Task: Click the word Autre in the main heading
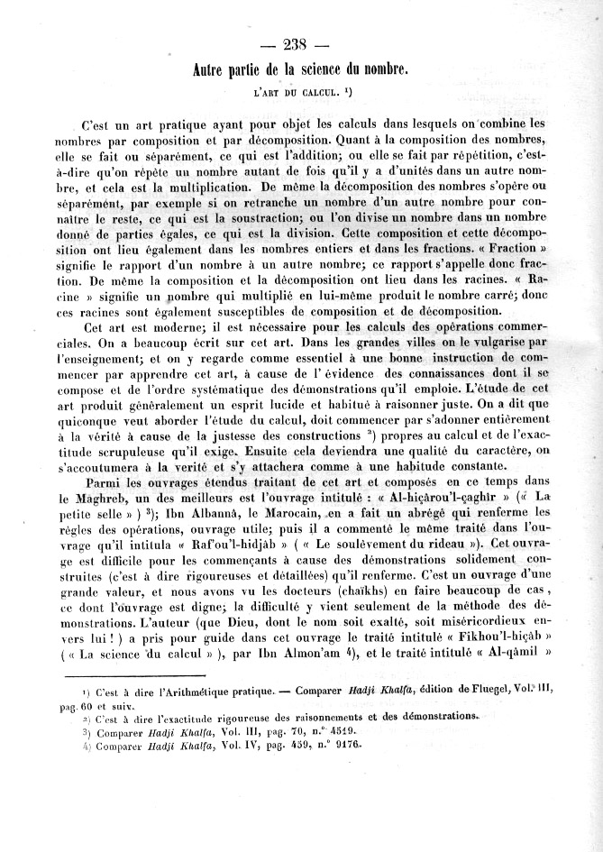pos(214,69)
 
